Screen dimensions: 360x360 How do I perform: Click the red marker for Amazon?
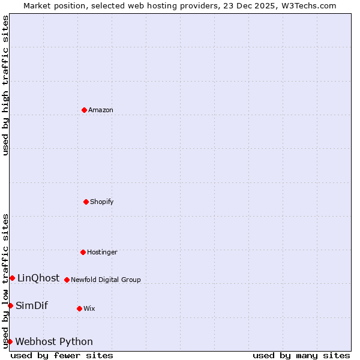(x=84, y=110)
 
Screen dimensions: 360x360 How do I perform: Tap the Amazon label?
(x=101, y=110)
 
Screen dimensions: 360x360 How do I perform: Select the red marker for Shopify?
(x=86, y=202)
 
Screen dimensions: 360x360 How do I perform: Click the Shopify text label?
(x=102, y=202)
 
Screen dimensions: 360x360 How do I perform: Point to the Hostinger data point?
(x=83, y=252)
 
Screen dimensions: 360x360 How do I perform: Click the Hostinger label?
(x=102, y=252)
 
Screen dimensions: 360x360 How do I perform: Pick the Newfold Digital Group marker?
(x=67, y=280)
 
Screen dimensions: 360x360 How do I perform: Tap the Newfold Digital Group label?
(x=106, y=280)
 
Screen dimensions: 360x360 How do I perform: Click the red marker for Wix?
(x=79, y=308)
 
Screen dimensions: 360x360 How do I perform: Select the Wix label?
(x=89, y=308)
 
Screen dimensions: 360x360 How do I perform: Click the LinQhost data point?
(x=12, y=278)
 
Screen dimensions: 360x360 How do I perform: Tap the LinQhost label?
(x=38, y=278)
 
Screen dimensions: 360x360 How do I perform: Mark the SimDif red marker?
(x=10, y=305)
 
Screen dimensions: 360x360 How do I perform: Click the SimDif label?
(x=32, y=305)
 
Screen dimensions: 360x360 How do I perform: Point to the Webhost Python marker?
(x=10, y=341)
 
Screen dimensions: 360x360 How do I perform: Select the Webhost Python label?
(x=54, y=341)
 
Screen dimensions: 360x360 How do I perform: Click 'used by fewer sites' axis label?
(x=62, y=355)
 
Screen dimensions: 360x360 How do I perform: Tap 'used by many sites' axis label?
(x=301, y=355)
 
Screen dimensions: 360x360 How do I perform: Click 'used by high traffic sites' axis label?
(x=5, y=85)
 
